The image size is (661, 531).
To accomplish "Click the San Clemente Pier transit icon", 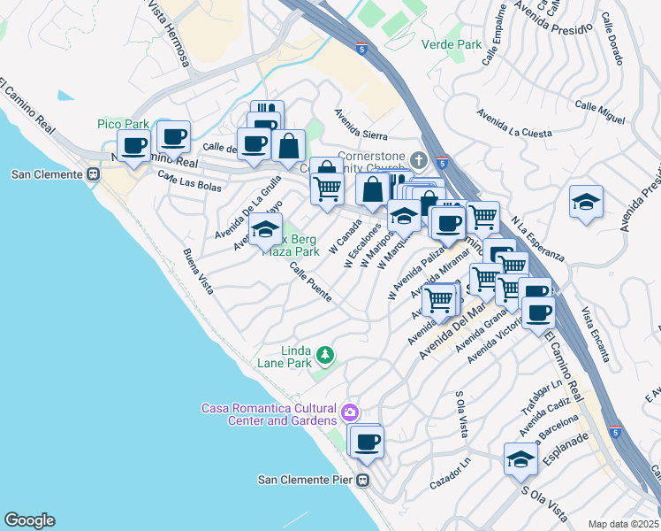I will [x=362, y=481].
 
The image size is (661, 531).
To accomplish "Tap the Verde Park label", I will [x=452, y=43].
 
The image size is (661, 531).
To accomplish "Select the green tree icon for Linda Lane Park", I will [x=326, y=355].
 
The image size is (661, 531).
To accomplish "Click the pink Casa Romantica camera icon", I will [x=350, y=412].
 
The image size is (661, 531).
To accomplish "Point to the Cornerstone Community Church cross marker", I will [x=419, y=160].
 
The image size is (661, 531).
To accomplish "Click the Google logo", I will [x=29, y=519].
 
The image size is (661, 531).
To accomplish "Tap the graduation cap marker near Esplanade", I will [x=521, y=458].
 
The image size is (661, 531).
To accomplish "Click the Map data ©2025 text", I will [x=623, y=524].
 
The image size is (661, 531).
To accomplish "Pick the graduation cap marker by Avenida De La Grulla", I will [x=264, y=230].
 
